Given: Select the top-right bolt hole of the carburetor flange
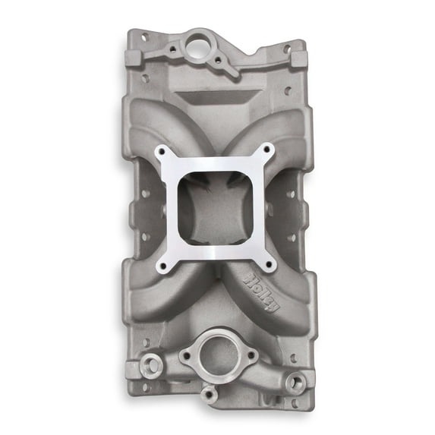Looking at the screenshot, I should [x=272, y=151].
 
